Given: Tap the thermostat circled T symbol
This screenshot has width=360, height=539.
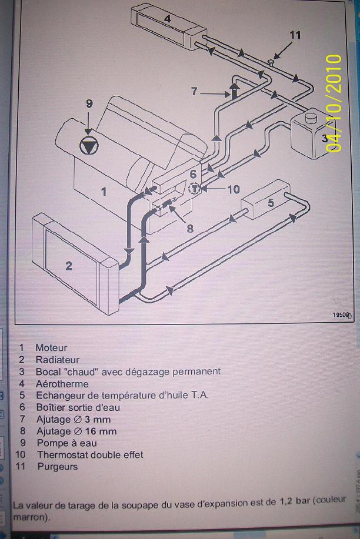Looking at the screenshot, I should point(195,189).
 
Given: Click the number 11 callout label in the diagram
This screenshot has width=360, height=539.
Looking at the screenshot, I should point(295,35).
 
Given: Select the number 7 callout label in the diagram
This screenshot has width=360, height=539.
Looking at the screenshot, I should point(196,92).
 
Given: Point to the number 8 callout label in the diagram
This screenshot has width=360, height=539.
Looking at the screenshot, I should point(190,229).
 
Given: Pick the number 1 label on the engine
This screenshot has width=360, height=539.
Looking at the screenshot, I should point(104,191).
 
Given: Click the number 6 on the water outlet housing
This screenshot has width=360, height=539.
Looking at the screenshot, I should point(192,174).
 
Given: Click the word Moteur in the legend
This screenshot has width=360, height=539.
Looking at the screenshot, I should point(51,348).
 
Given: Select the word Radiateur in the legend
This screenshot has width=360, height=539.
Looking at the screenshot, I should point(57,360).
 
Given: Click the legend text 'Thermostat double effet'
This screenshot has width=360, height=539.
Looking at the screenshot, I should point(89,455).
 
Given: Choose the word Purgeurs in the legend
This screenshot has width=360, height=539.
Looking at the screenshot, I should point(57,467).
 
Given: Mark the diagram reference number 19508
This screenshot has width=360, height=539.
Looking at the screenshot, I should point(341,315).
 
